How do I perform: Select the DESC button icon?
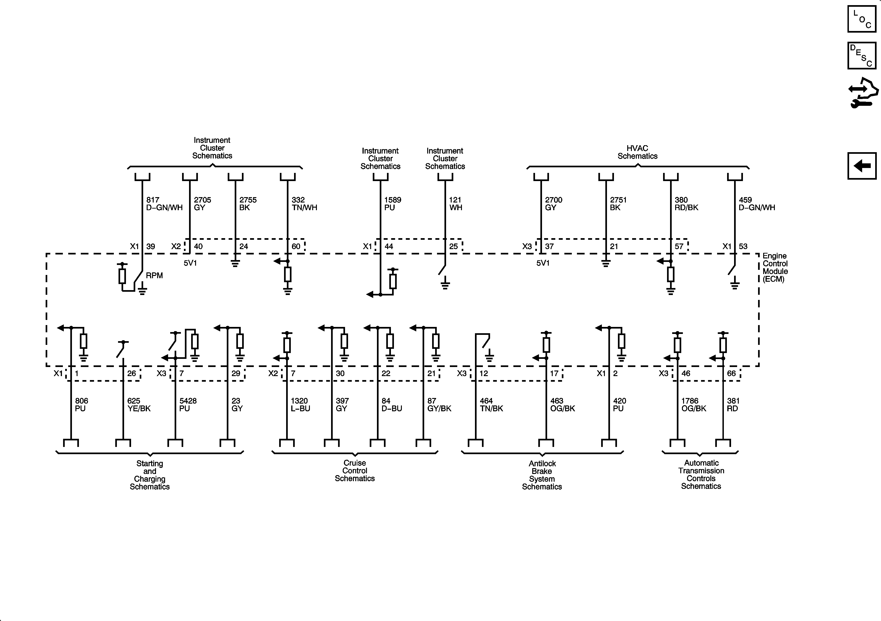tap(862, 56)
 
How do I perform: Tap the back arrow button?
tap(862, 166)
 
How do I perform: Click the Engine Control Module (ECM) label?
tap(775, 267)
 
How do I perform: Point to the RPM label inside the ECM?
tap(154, 275)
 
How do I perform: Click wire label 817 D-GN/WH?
tap(164, 204)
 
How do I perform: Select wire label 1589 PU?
tap(393, 204)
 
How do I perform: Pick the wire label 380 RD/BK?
tap(686, 204)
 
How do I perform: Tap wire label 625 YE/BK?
tap(139, 404)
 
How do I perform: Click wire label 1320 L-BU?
tap(300, 404)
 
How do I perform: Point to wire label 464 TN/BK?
tap(491, 404)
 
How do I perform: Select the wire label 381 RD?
tap(733, 404)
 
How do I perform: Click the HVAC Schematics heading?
tap(637, 152)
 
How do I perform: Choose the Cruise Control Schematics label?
tap(355, 470)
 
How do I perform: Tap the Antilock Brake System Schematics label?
tap(542, 475)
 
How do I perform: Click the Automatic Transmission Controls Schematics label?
tap(701, 474)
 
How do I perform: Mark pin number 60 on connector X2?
tap(296, 246)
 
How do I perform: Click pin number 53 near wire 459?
tap(743, 246)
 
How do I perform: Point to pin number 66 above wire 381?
tap(731, 373)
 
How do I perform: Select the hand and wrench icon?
tap(863, 93)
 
